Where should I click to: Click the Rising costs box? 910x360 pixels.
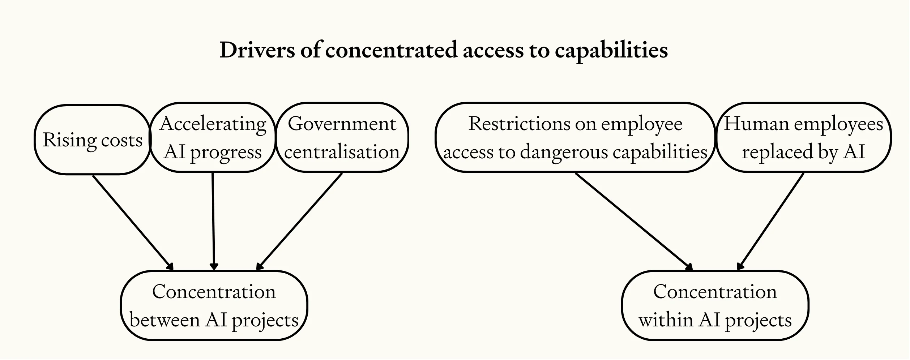(x=93, y=140)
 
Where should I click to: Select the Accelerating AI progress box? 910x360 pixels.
(x=213, y=138)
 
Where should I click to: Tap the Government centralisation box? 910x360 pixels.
(x=342, y=138)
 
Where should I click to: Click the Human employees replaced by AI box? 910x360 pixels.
(x=803, y=138)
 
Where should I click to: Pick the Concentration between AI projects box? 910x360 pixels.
(x=214, y=306)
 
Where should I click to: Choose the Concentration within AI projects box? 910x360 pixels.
(x=715, y=306)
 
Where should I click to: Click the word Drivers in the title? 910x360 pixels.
(x=257, y=50)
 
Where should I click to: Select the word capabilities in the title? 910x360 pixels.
(x=611, y=51)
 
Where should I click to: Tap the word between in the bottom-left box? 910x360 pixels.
(x=165, y=320)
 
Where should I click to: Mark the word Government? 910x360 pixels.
(x=342, y=124)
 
